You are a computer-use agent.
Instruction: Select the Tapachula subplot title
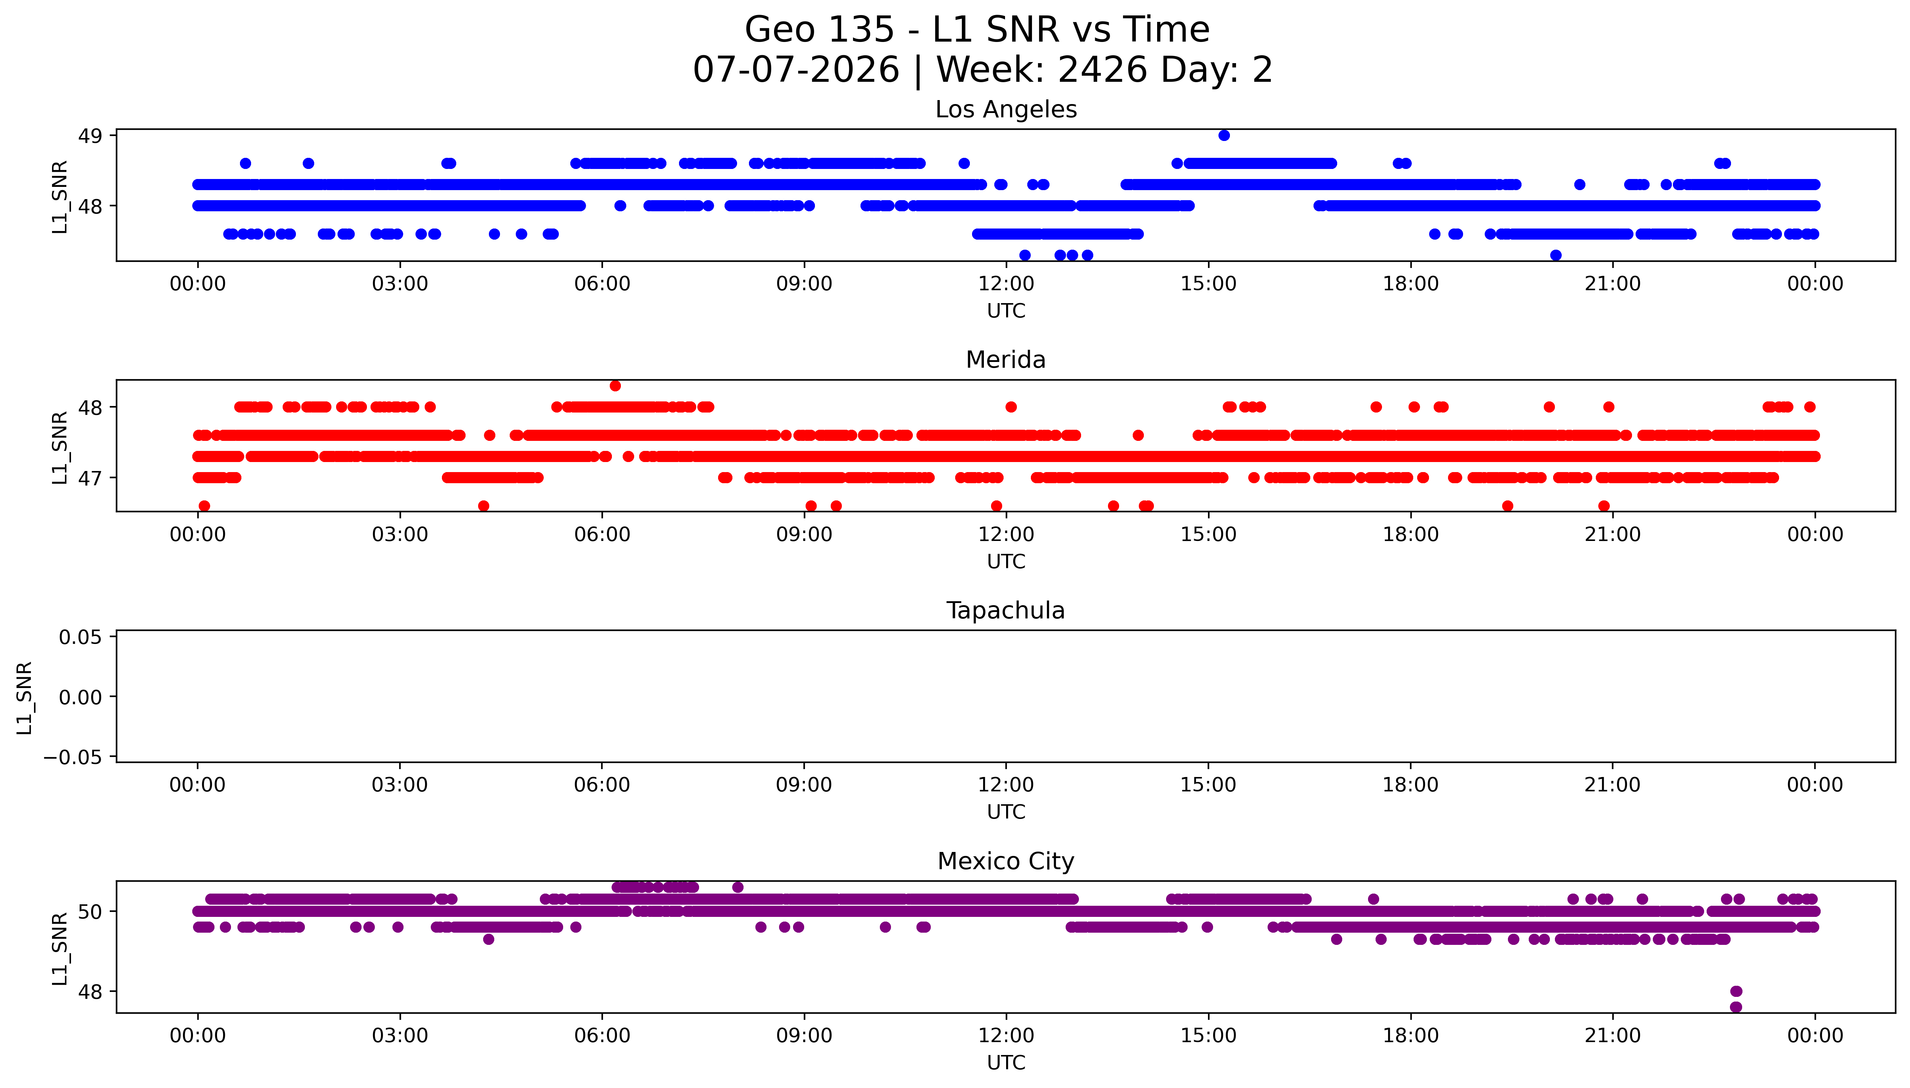coord(1005,611)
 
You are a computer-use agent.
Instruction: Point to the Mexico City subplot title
coord(1005,862)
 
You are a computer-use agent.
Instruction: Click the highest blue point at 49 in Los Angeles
coord(1223,135)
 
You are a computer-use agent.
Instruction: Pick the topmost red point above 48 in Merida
coord(615,386)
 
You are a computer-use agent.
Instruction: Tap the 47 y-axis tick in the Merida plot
coord(90,477)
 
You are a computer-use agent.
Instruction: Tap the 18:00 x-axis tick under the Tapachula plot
coord(1410,785)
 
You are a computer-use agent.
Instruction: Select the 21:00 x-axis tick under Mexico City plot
coord(1613,1036)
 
